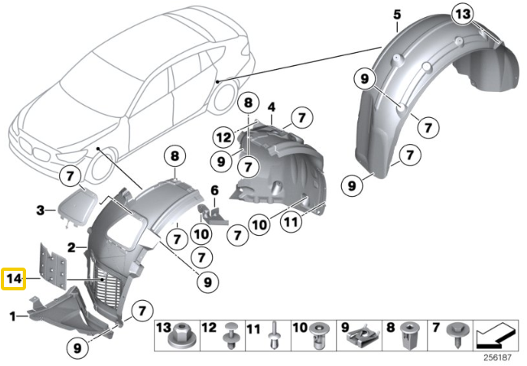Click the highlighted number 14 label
pos(14,279)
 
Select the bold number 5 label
pos(397,15)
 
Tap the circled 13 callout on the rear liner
pos(463,15)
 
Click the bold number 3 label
pos(41,211)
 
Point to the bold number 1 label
pos(13,316)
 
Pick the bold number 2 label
pos(71,248)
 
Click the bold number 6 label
pos(214,190)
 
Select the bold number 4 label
pos(271,107)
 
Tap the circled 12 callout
pos(224,137)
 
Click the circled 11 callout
pos(291,222)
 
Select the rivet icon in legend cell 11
pos(274,336)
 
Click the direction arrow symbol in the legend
pos(496,336)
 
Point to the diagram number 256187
pos(498,357)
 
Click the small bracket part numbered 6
pos(214,214)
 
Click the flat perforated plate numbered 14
pos(53,266)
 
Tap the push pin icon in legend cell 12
pos(231,335)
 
